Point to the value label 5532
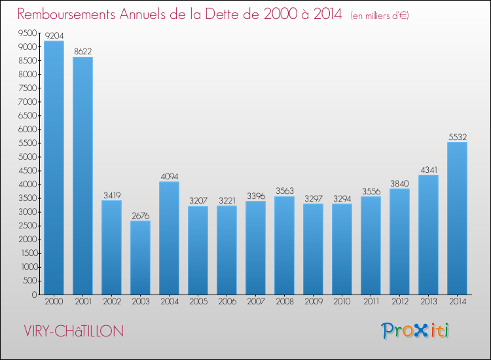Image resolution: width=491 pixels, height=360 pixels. pyautogui.click(x=457, y=136)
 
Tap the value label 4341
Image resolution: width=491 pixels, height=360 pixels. pyautogui.click(x=428, y=169)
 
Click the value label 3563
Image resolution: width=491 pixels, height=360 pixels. pyautogui.click(x=284, y=190)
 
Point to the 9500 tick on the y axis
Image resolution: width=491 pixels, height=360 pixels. pyautogui.click(x=27, y=33)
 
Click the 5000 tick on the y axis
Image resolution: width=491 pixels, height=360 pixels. pyautogui.click(x=27, y=157)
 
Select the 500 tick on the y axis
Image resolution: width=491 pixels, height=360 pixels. pyautogui.click(x=29, y=281)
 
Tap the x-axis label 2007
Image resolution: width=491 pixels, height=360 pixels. pyautogui.click(x=255, y=302)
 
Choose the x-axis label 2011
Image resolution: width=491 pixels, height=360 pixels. pyautogui.click(x=371, y=302)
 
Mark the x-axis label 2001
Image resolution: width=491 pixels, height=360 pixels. pyautogui.click(x=82, y=302)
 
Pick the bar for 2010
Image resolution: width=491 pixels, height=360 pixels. pyautogui.click(x=342, y=249)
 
